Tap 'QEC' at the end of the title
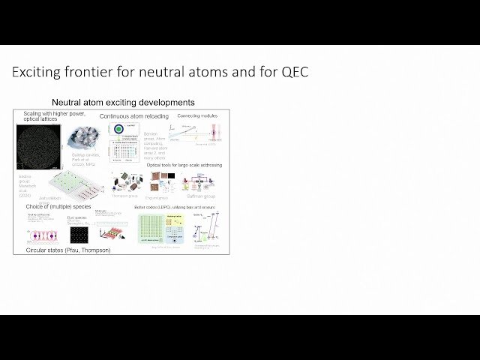(291, 73)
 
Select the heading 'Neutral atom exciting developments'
(123, 102)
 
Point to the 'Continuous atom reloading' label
(134, 117)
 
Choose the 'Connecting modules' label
(197, 116)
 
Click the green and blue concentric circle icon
(118, 129)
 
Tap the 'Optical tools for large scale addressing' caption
(184, 165)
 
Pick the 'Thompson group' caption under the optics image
(125, 196)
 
